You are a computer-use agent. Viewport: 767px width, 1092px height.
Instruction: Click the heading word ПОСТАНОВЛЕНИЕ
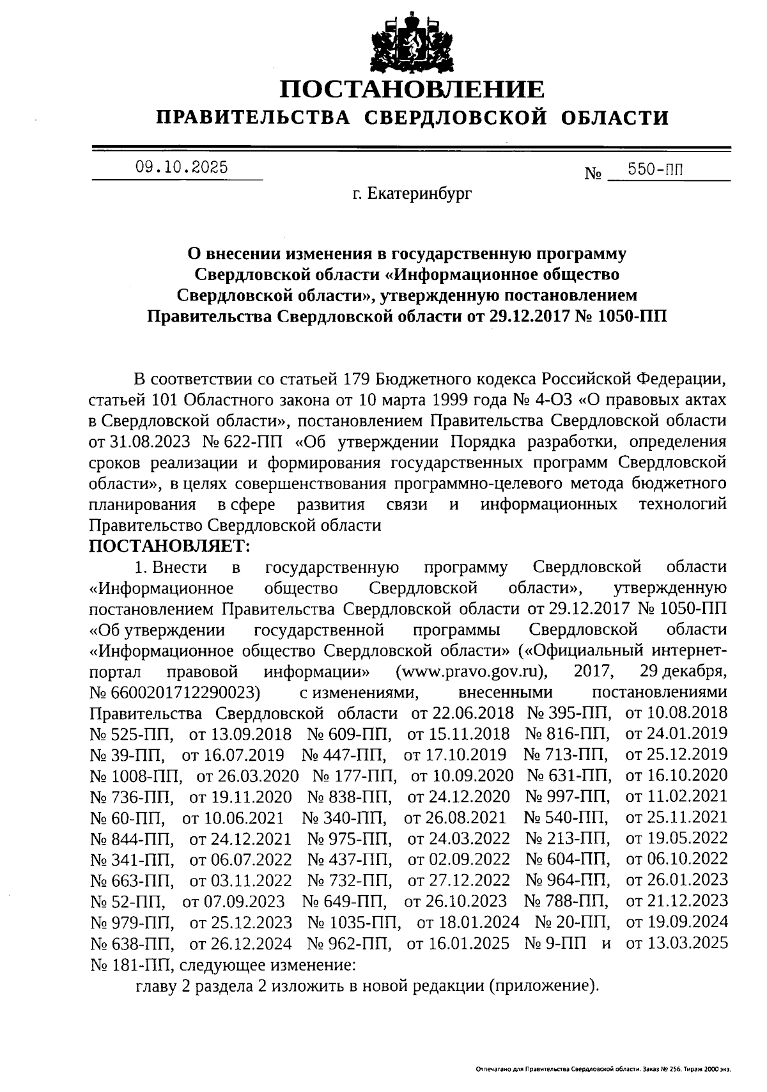[x=413, y=90]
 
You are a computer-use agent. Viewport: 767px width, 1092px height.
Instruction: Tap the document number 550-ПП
[x=655, y=169]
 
